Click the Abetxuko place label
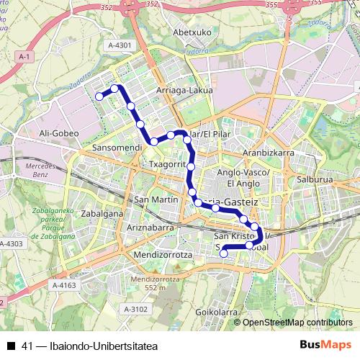pyautogui.click(x=191, y=32)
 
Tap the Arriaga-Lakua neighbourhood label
pyautogui.click(x=183, y=91)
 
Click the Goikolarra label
pyautogui.click(x=217, y=312)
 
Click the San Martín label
pyautogui.click(x=152, y=199)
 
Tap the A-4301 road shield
pyautogui.click(x=120, y=45)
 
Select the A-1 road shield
pyautogui.click(x=24, y=56)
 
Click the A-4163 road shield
pyautogui.click(x=64, y=286)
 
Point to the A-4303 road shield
pyautogui.click(x=12, y=244)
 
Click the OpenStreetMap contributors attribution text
pyautogui.click(x=297, y=323)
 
